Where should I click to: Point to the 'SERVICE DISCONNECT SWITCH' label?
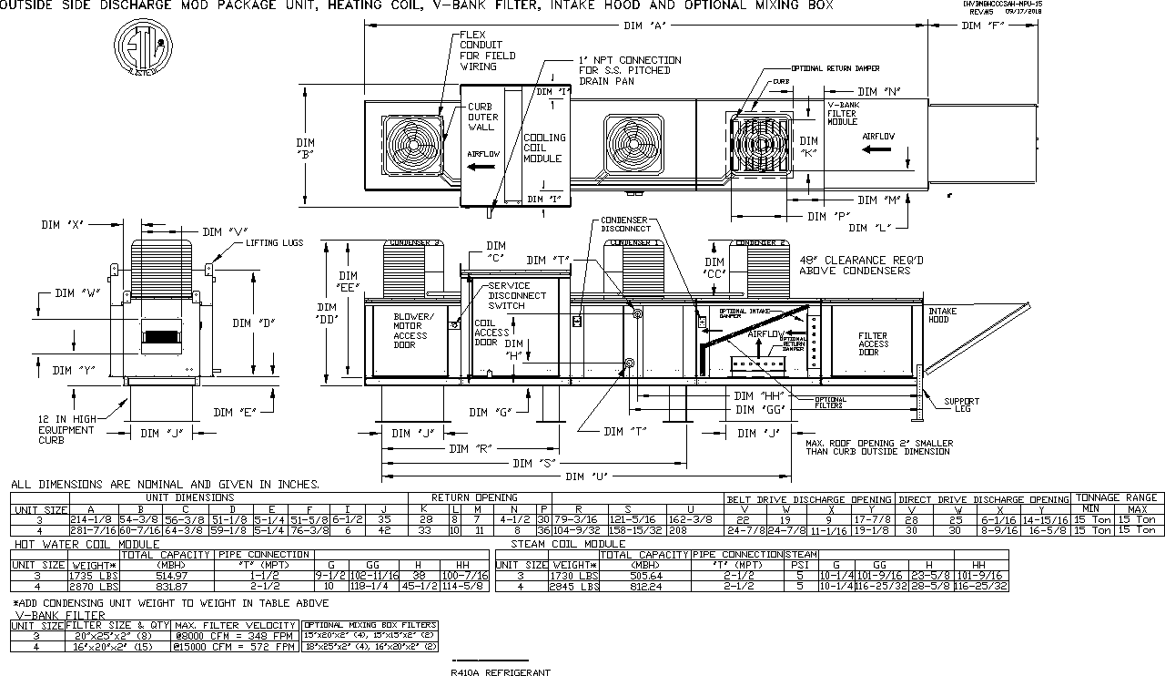pyautogui.click(x=517, y=296)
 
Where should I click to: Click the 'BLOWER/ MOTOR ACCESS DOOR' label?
pyautogui.click(x=413, y=330)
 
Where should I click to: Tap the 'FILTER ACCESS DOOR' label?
pyautogui.click(x=872, y=343)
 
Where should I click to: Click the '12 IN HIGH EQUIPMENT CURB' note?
pyautogui.click(x=66, y=429)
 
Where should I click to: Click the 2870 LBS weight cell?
pyautogui.click(x=95, y=587)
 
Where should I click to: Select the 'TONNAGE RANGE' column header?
pyautogui.click(x=1117, y=497)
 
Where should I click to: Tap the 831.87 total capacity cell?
pyautogui.click(x=166, y=587)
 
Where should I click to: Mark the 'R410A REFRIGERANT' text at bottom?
pyautogui.click(x=500, y=672)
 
